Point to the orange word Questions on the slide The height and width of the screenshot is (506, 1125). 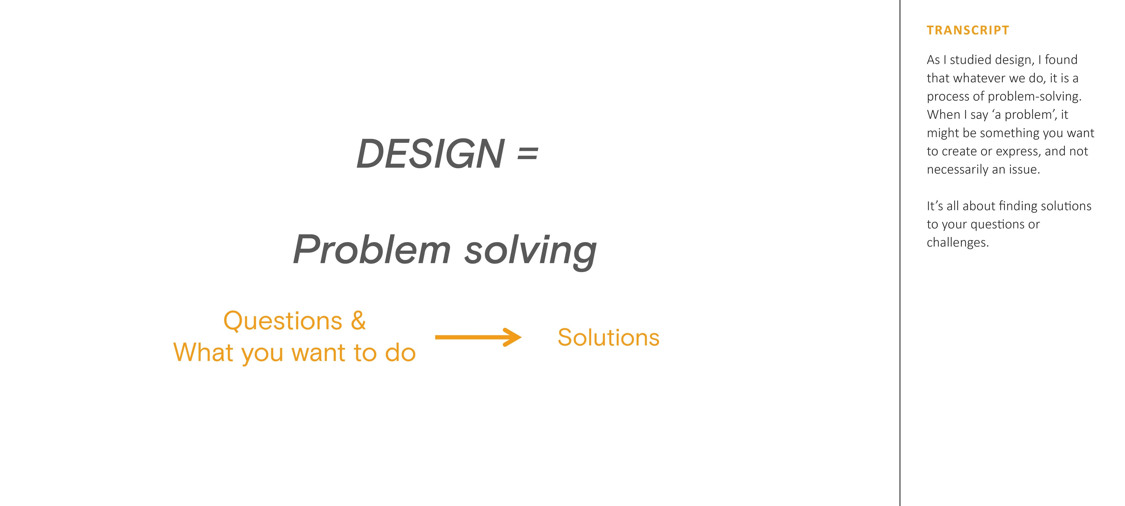pos(283,321)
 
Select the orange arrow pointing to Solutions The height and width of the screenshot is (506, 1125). pos(478,337)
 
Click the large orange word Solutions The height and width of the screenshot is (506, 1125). pos(608,337)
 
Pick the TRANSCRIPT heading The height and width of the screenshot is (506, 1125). pos(968,30)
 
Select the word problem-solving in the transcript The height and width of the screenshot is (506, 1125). pos(1035,96)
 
